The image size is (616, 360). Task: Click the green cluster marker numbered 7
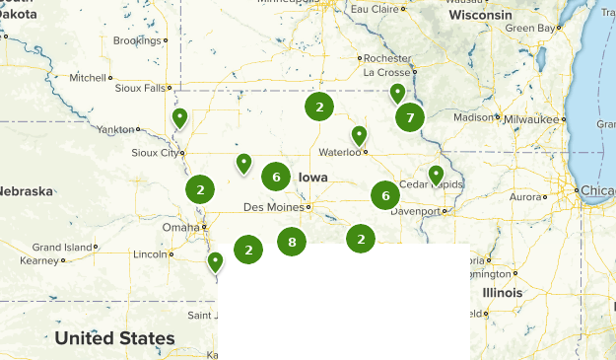point(410,117)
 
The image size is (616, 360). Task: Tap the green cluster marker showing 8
point(292,241)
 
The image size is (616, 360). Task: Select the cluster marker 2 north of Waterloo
point(318,107)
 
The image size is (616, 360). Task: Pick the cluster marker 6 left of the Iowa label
point(277,177)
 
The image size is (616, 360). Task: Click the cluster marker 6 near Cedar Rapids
point(385,196)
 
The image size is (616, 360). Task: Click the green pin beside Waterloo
point(360,136)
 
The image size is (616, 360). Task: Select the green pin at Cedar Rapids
point(437,176)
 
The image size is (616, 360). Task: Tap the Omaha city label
point(179,227)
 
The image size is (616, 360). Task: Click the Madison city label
point(472,117)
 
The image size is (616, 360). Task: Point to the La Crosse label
point(385,73)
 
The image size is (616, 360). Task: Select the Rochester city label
point(386,58)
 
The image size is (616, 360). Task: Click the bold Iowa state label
point(312,178)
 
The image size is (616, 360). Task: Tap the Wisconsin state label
point(480,16)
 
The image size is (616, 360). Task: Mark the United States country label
point(114,338)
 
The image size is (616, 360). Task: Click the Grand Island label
point(61,247)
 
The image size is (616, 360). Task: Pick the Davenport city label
point(415,211)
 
